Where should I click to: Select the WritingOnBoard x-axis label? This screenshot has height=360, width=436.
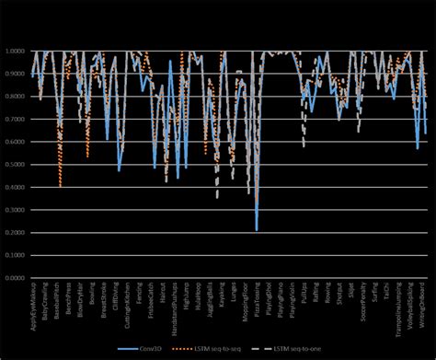coord(425,308)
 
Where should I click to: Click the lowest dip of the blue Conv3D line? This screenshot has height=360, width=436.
coord(257,229)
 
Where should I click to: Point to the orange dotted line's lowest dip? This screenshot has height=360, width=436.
coord(61,187)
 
